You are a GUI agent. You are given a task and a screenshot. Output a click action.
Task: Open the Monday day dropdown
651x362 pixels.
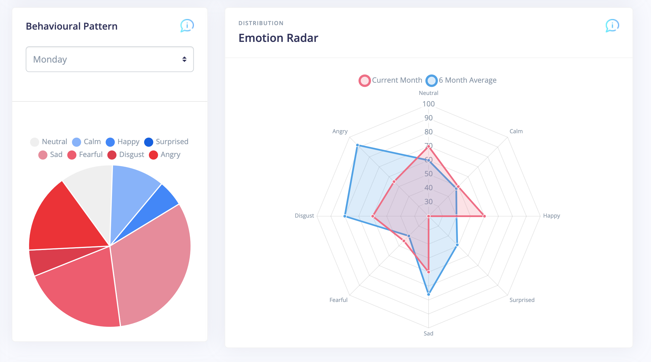pos(110,59)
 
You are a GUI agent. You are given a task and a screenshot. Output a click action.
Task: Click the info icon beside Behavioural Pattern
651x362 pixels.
pos(187,26)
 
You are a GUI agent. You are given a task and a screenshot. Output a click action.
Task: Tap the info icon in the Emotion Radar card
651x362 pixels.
pos(612,26)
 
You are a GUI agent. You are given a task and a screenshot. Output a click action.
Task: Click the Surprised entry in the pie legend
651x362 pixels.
pos(166,142)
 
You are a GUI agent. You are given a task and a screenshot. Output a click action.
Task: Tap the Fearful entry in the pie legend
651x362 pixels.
pos(85,155)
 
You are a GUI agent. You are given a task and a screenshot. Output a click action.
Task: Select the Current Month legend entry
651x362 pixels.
pos(391,80)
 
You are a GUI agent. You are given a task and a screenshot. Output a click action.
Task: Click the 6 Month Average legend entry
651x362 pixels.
pos(461,80)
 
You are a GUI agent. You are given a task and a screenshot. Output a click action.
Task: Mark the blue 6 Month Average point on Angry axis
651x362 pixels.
pos(357,145)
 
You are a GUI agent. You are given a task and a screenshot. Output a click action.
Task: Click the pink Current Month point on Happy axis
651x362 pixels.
pos(484,216)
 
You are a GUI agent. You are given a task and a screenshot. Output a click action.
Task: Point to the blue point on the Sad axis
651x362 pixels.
pos(429,294)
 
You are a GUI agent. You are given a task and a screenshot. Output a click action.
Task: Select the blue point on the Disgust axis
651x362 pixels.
pos(345,216)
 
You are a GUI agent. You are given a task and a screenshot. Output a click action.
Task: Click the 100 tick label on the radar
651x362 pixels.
pos(428,104)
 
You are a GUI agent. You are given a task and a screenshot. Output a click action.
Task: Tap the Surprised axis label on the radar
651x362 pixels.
pos(522,300)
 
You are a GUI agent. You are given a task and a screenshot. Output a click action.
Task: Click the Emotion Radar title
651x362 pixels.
pos(278,38)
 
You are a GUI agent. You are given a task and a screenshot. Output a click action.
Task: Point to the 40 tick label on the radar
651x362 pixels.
pos(428,188)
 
